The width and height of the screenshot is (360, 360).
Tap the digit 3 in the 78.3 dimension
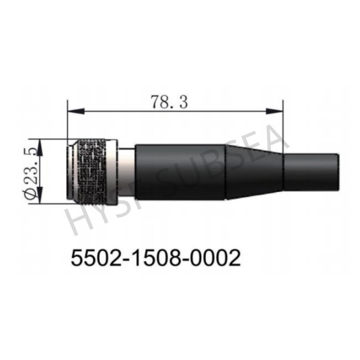183,103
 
